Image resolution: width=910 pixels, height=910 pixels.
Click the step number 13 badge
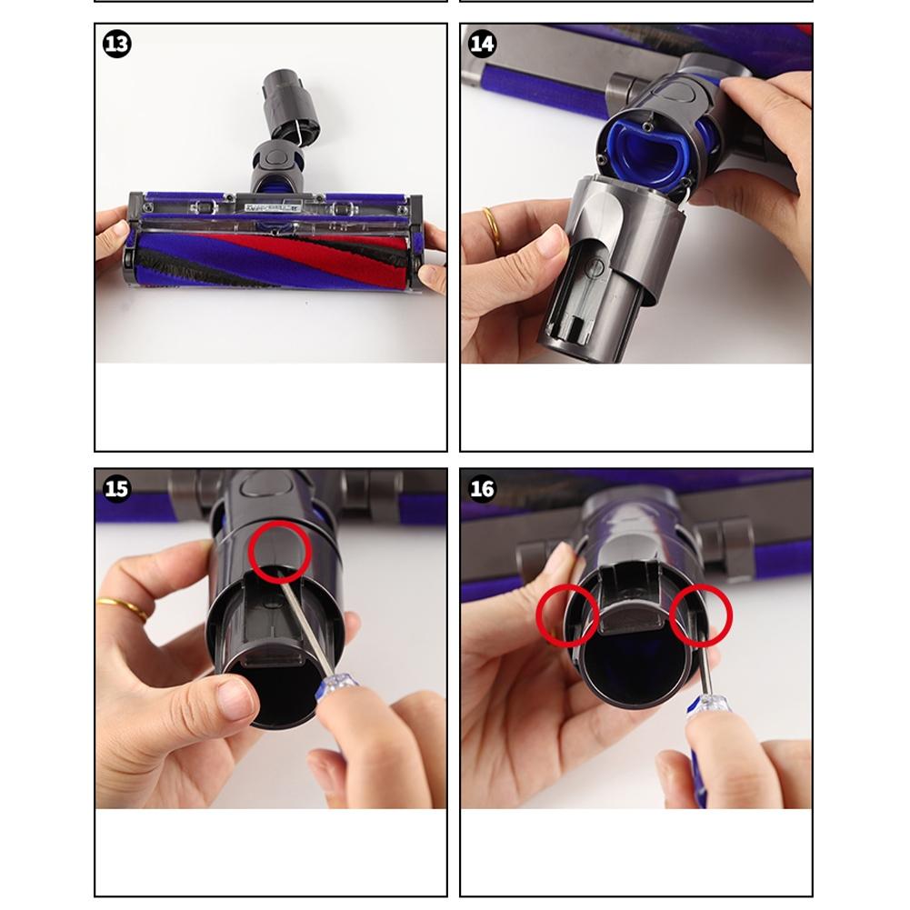(x=117, y=44)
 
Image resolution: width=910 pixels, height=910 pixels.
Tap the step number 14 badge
(x=482, y=44)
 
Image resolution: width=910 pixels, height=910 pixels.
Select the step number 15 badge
(x=117, y=489)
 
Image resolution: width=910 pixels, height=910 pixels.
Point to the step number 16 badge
(x=482, y=489)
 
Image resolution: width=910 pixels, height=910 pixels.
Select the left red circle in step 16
(x=567, y=614)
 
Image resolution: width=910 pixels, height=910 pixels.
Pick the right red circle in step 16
(x=701, y=614)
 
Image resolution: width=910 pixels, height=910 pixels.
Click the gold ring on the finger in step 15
(x=124, y=607)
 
